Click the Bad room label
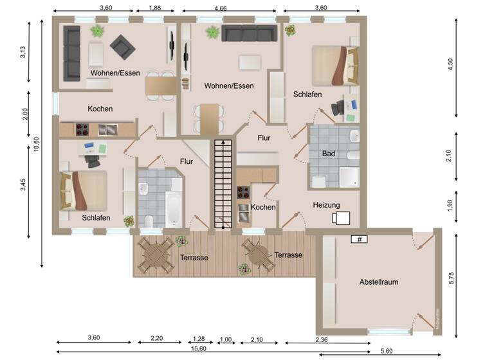pos(328,154)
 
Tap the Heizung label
pos(326,205)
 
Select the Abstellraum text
pos(380,282)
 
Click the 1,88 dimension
pos(154,8)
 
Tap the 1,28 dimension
pos(198,339)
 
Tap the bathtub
pos(174,205)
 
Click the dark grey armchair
pos(122,46)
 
